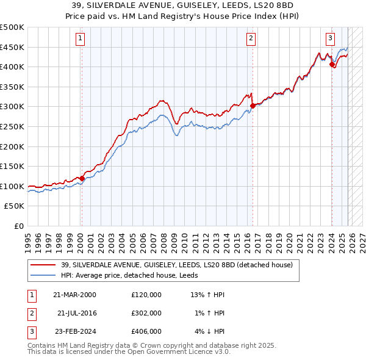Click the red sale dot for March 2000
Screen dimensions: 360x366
tap(82, 178)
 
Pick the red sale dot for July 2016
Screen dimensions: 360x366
tap(253, 106)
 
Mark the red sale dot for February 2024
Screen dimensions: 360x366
tap(332, 64)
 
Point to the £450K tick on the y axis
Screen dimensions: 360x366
tap(13, 47)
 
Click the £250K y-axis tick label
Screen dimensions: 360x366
tap(13, 126)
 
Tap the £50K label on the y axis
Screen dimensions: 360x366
tap(15, 206)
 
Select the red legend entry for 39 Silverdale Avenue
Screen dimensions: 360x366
tap(177, 264)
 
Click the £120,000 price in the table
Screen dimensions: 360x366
tap(146, 295)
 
